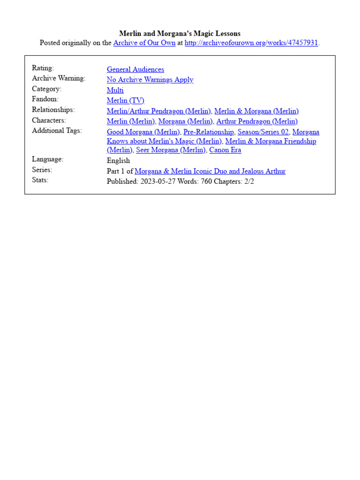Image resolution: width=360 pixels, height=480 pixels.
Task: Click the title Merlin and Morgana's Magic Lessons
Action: (x=180, y=33)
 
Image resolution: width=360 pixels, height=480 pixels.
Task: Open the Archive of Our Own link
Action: (x=144, y=43)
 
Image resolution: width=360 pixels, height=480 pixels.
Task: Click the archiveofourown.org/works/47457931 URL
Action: (x=251, y=43)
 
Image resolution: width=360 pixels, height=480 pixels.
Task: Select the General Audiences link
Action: (x=135, y=69)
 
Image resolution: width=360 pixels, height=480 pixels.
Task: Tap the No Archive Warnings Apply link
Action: (x=150, y=80)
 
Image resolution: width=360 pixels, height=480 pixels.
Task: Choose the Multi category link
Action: (x=115, y=90)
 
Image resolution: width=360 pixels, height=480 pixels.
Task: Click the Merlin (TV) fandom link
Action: (x=126, y=100)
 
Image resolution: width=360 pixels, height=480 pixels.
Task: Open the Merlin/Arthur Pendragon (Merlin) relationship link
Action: (x=159, y=111)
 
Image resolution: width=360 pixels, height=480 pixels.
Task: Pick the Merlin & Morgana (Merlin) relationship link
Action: (x=256, y=111)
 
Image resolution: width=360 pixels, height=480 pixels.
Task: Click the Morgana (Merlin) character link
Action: (x=185, y=121)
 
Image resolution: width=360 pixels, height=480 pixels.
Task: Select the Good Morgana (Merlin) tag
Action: (x=143, y=132)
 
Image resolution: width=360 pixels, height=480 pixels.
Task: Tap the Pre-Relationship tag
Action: (x=209, y=132)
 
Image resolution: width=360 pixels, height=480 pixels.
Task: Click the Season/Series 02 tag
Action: (x=263, y=132)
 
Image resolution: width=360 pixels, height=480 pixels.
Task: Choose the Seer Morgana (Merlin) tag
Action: (x=171, y=150)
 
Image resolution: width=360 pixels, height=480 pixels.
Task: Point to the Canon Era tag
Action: (x=225, y=150)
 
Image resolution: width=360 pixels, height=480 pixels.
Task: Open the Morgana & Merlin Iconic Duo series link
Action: (x=210, y=171)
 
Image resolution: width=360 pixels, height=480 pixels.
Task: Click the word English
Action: (x=119, y=161)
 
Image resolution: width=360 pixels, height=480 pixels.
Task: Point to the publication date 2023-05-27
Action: (x=157, y=181)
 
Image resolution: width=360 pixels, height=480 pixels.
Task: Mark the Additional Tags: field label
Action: (x=57, y=131)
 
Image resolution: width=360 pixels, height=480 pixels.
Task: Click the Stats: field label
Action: (x=40, y=180)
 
